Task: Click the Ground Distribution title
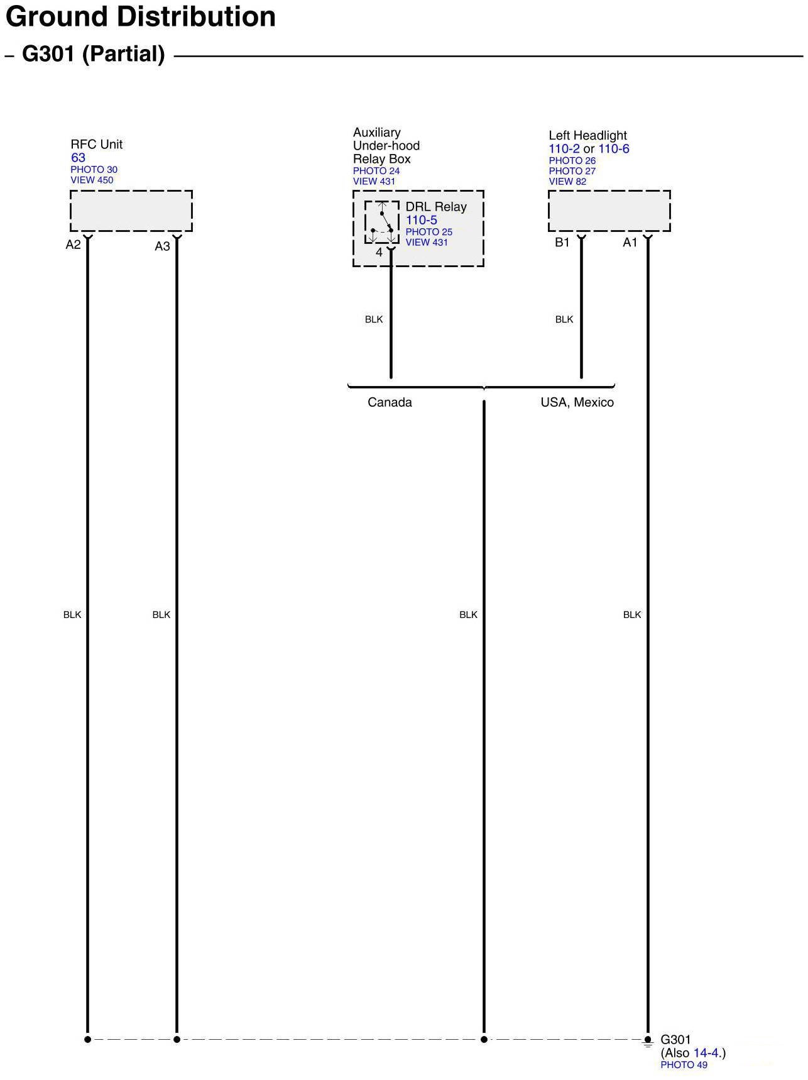[x=141, y=17]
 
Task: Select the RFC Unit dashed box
[x=131, y=211]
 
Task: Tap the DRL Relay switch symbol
[x=382, y=223]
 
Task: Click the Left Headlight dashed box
[x=609, y=211]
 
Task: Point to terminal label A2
[x=73, y=245]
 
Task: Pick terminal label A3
[x=162, y=246]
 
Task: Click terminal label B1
[x=562, y=243]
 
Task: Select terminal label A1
[x=630, y=243]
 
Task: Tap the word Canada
[x=390, y=402]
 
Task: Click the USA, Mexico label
[x=577, y=402]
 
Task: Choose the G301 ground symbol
[x=648, y=1041]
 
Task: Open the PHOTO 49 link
[x=684, y=1065]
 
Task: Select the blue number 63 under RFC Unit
[x=78, y=158]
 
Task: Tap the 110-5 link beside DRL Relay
[x=421, y=220]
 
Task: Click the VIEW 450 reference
[x=92, y=180]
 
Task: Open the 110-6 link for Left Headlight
[x=613, y=149]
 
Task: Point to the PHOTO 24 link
[x=376, y=171]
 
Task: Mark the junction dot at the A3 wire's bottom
[x=177, y=1040]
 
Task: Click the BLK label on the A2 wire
[x=72, y=615]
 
